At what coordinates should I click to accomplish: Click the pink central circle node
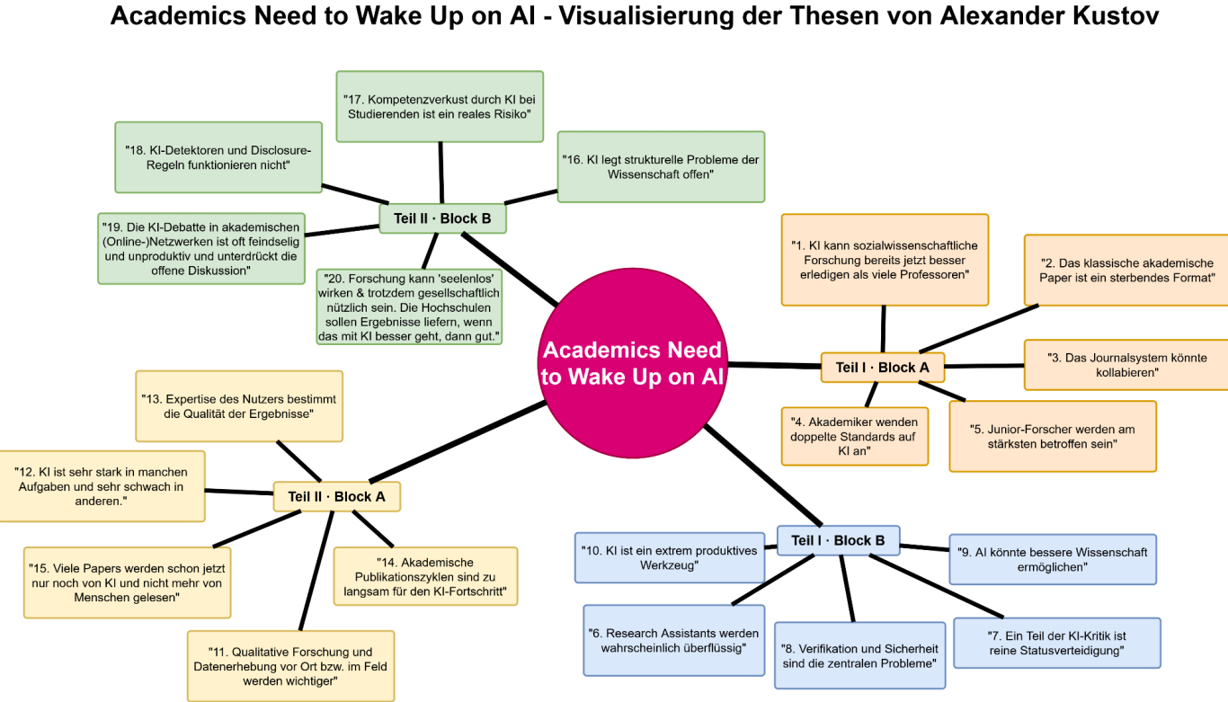632,362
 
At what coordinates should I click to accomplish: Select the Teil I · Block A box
882,367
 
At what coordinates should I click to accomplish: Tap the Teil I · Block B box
838,540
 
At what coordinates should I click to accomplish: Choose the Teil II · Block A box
336,496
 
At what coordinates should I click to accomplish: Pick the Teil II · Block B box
441,218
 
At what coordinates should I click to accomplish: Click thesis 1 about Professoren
885,260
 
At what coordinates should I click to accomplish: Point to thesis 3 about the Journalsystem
1126,364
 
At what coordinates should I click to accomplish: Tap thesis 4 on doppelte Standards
854,436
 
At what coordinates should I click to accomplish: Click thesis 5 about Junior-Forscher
1052,436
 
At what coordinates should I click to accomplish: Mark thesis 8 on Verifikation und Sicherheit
859,655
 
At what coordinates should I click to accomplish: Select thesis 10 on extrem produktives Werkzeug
669,557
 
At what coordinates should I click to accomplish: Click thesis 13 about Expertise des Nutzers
239,406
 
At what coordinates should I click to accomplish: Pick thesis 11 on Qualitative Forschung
290,666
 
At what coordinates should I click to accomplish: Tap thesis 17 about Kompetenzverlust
440,106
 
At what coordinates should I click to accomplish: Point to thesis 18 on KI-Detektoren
218,157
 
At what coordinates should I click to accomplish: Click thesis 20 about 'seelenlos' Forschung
409,307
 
